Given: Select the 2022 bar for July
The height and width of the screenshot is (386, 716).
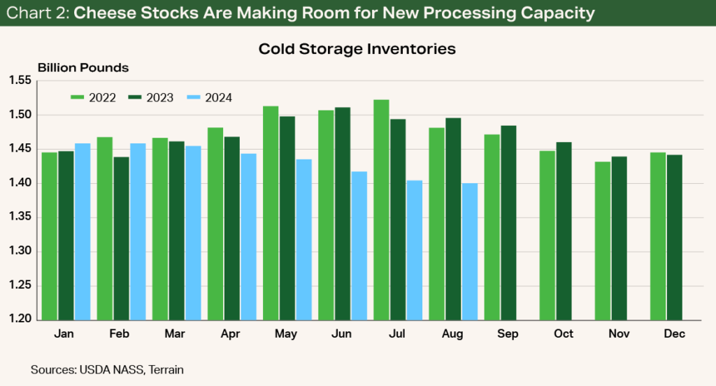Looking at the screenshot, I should (x=381, y=209).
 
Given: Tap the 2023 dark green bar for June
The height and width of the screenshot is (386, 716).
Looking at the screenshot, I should (x=343, y=213).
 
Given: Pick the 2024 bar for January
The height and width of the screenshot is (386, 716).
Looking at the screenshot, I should (x=83, y=231).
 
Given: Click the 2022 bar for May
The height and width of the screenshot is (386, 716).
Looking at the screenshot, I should (x=271, y=213).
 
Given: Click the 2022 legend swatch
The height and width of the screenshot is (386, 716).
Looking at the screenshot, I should (x=78, y=98).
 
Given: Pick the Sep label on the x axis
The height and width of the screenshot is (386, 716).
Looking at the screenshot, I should (x=508, y=334).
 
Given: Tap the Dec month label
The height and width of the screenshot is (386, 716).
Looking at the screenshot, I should (x=674, y=334).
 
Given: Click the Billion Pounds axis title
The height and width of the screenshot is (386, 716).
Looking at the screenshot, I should (x=83, y=68).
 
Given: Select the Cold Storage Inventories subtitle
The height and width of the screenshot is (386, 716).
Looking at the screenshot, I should (x=357, y=49).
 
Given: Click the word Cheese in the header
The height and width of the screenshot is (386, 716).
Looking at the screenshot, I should (x=101, y=13).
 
